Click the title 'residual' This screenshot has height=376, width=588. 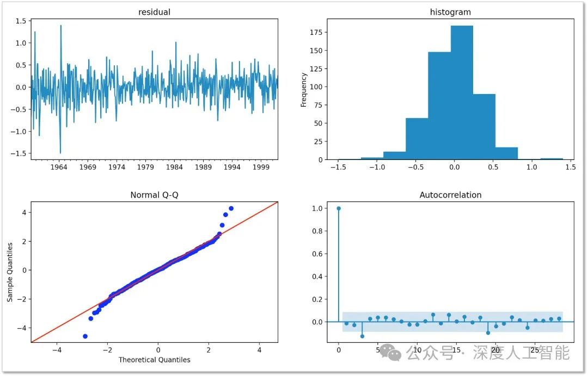coord(155,11)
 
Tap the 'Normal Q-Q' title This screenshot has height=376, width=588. coord(155,195)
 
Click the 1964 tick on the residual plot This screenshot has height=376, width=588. coord(58,168)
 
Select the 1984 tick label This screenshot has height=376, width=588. coord(174,168)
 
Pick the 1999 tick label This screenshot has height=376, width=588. coord(261,168)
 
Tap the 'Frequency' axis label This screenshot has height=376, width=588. coord(304,90)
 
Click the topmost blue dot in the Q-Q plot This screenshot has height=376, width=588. coord(231,208)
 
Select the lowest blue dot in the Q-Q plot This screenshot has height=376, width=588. coord(85,336)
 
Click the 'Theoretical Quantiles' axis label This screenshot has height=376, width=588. coord(155,360)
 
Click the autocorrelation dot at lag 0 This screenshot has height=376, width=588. coord(339,208)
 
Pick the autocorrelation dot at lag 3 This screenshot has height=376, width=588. coord(362,336)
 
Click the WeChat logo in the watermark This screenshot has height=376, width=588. coord(391,353)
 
